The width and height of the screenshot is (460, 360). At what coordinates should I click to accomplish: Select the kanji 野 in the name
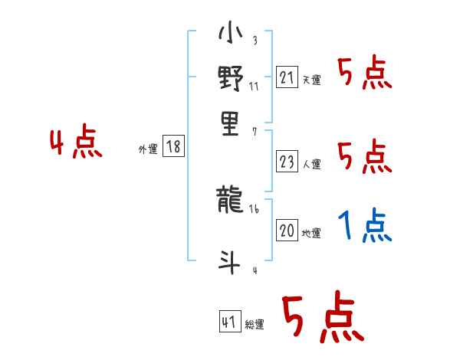tap(230, 78)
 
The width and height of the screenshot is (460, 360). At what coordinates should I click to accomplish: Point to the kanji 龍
tap(230, 201)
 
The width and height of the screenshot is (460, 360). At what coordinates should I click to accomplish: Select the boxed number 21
tap(287, 78)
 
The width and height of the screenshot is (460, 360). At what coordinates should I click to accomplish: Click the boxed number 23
tap(287, 162)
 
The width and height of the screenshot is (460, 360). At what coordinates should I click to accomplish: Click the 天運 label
tap(311, 80)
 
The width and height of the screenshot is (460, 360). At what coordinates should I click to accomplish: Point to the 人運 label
tap(311, 163)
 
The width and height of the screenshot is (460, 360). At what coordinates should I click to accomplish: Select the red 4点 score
tap(75, 144)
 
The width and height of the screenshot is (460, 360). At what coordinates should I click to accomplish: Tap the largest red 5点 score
tap(322, 319)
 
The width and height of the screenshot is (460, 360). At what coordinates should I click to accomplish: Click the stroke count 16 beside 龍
tap(254, 208)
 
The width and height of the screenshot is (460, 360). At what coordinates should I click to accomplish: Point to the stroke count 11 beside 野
tap(254, 86)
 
